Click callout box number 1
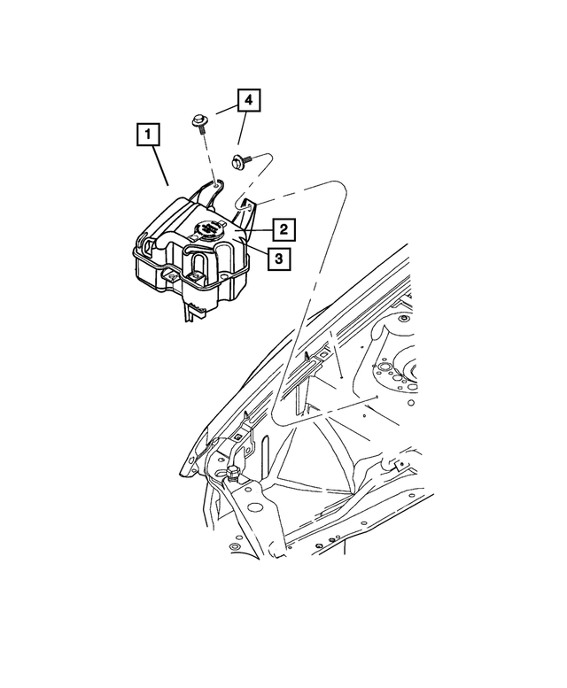pos(148,136)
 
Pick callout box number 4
pos(248,102)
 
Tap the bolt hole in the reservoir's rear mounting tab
pos(215,187)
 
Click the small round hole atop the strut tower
pos(386,365)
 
